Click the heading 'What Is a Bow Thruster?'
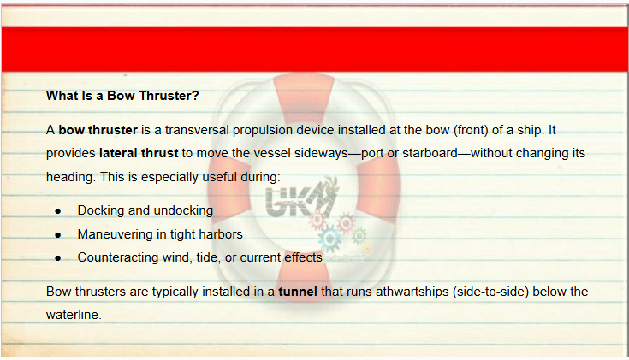coord(122,96)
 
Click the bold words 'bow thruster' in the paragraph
coord(98,130)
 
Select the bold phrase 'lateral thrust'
coord(139,153)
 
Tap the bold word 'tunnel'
coord(298,292)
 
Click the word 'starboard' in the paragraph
coord(430,153)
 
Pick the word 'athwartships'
coord(412,292)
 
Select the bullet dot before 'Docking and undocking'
coord(58,211)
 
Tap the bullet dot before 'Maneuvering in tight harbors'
coord(58,235)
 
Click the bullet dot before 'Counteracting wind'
coord(58,258)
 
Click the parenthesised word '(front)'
coord(471,130)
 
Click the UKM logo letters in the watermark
coord(300,199)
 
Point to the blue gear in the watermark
coord(330,239)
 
